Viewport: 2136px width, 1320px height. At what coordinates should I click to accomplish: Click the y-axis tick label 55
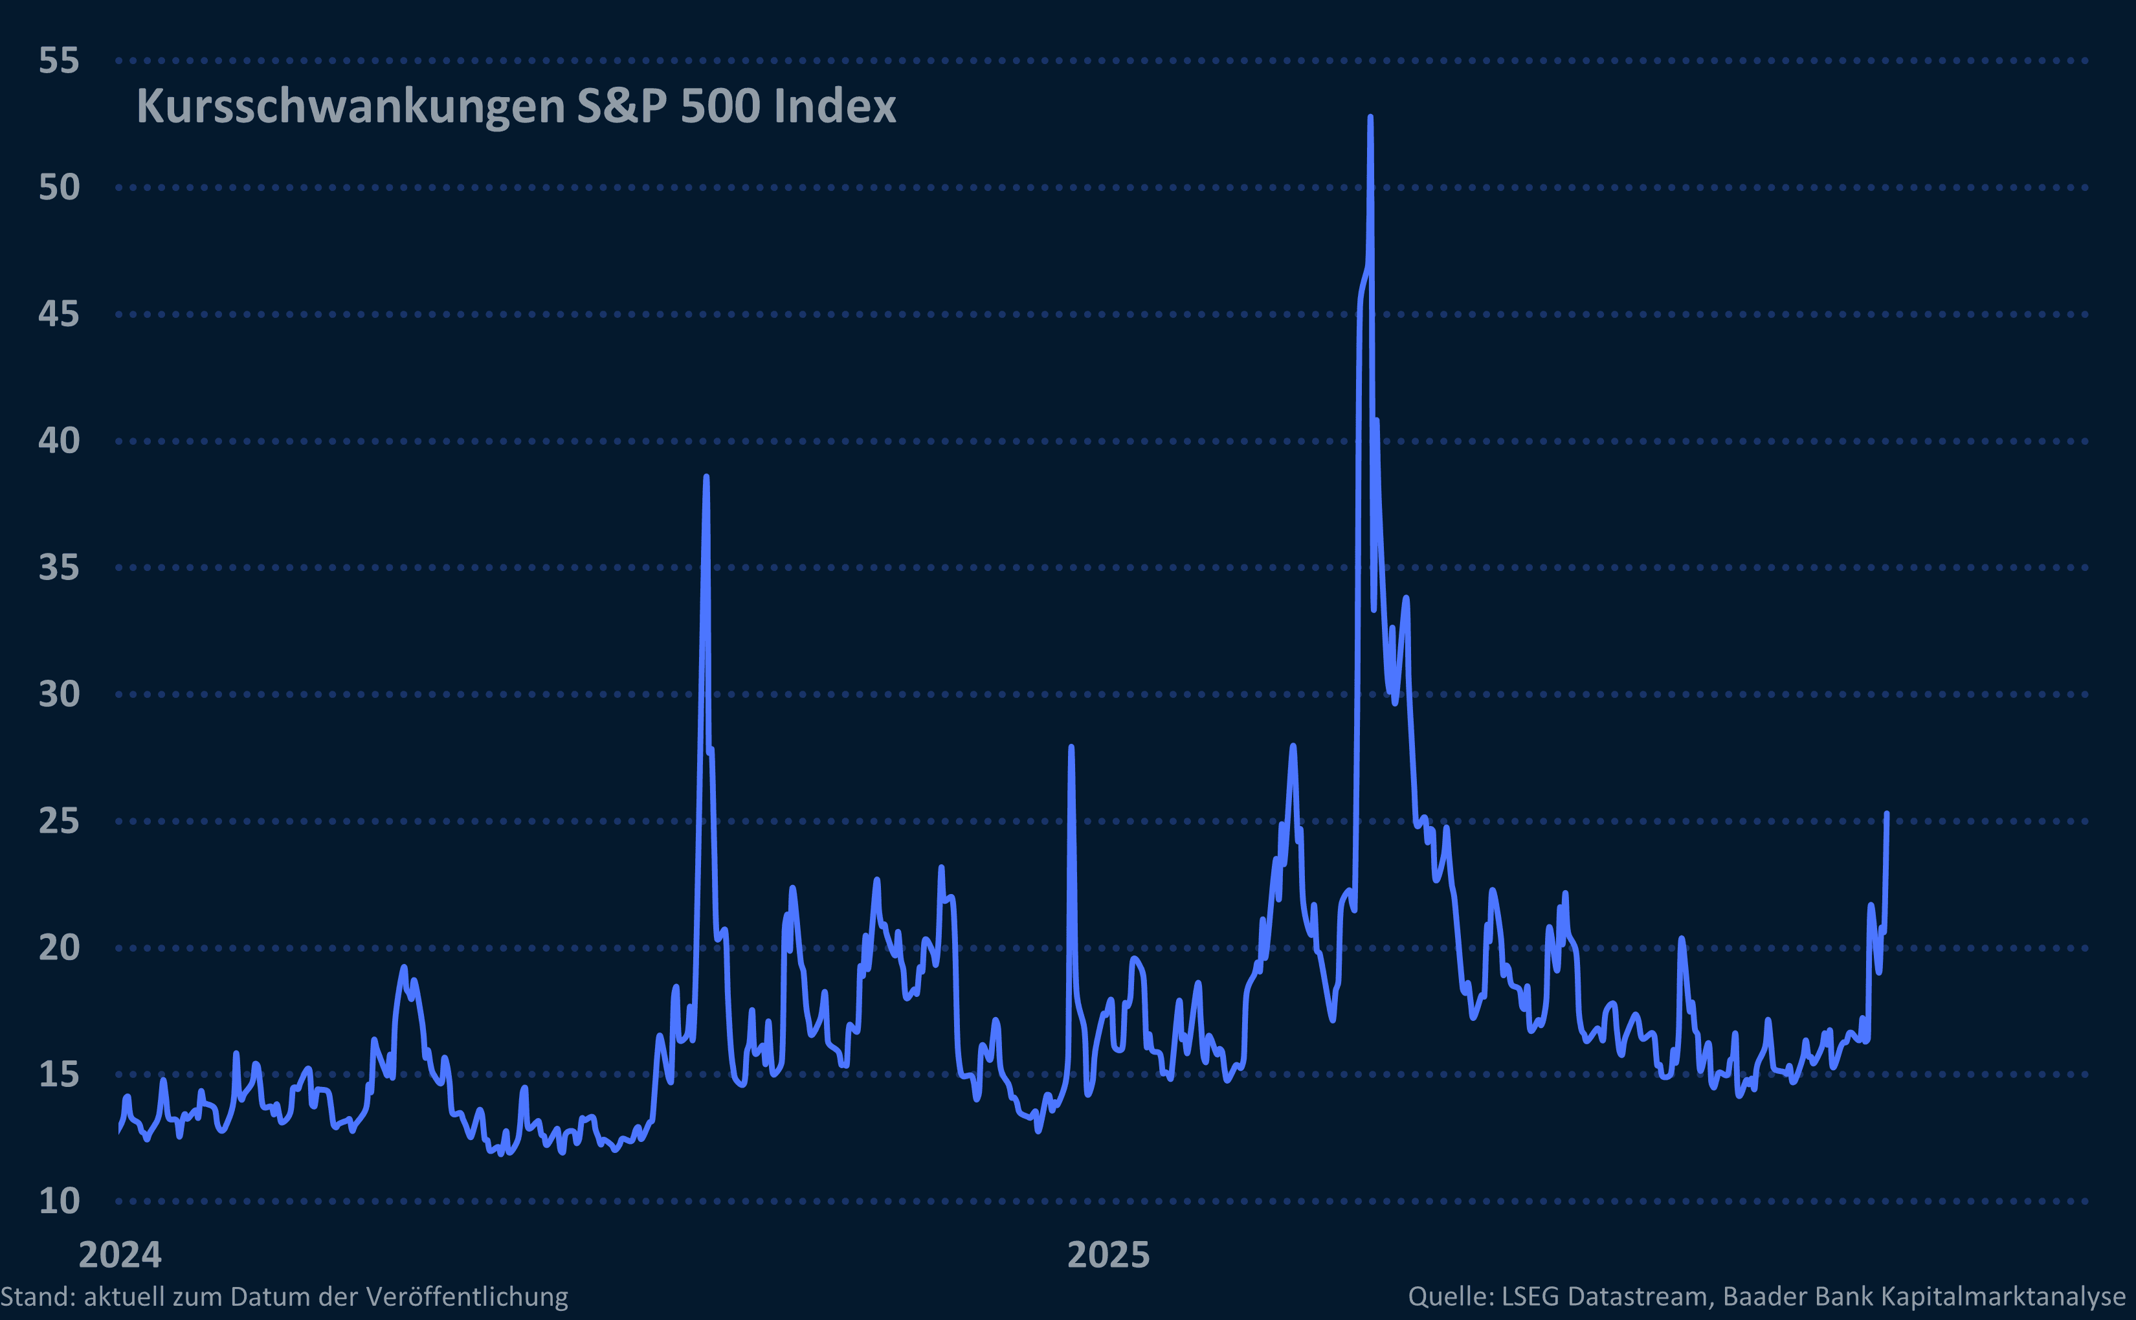(58, 61)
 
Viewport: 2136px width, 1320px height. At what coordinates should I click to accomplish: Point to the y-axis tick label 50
(58, 188)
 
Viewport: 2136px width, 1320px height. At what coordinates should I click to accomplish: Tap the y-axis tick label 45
(58, 314)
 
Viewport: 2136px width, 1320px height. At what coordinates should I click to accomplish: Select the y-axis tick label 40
(58, 441)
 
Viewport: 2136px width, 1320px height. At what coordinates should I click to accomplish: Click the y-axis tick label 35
(58, 568)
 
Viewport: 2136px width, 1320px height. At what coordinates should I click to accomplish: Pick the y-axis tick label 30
(58, 695)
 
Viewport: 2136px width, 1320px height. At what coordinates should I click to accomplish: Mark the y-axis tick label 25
(58, 822)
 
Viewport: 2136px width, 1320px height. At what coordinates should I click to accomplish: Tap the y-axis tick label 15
(58, 1075)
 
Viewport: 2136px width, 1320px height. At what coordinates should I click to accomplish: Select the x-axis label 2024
(120, 1255)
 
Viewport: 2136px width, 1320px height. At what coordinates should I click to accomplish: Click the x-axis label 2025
(1109, 1255)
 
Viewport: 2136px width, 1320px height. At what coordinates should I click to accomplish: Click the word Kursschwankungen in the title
(351, 107)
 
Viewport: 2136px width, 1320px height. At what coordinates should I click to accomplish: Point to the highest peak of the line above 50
(1370, 117)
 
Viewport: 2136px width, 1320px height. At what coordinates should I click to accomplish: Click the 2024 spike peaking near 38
(706, 478)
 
